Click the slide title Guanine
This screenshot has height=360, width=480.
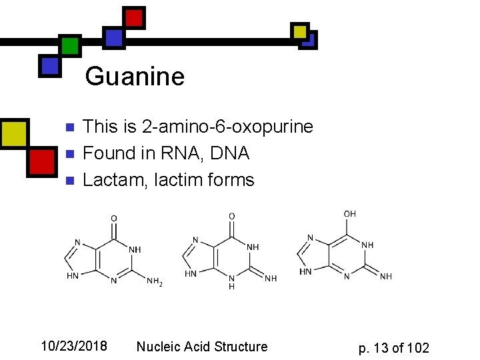tap(135, 77)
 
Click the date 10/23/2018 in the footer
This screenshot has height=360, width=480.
tap(74, 346)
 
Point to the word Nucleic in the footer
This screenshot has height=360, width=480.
tap(160, 347)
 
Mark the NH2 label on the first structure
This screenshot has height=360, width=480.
tap(155, 282)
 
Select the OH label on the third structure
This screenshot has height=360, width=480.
tap(349, 214)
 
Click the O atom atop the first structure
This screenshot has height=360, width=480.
tap(114, 218)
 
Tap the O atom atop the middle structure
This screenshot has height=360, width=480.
tap(231, 216)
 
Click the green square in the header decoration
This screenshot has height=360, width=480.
tap(69, 45)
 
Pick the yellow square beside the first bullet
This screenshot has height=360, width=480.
tap(14, 133)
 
